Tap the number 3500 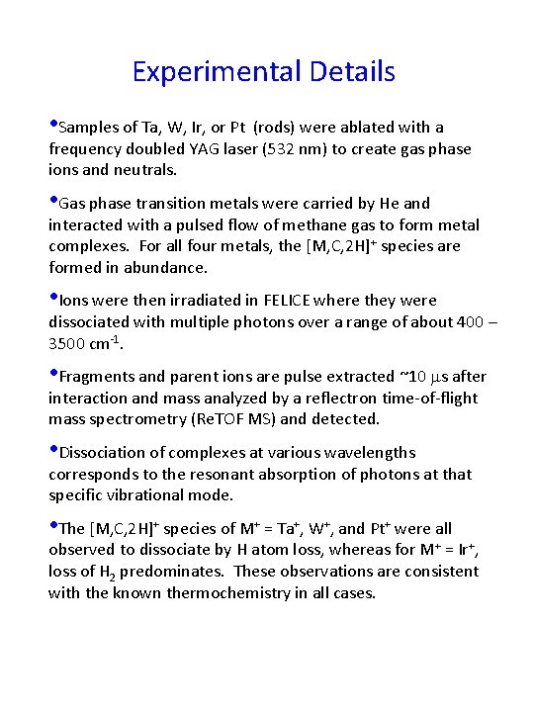click(69, 343)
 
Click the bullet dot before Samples click(53, 126)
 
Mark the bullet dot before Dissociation click(53, 451)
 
